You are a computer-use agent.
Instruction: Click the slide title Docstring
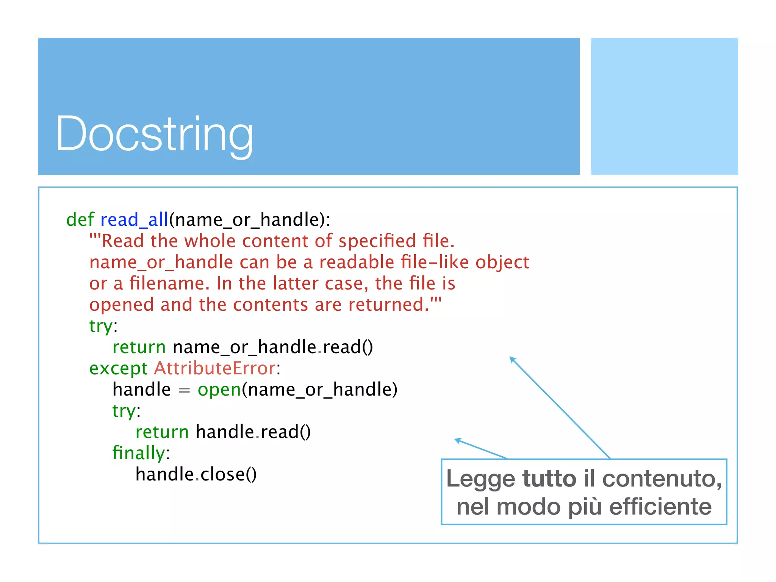pos(154,135)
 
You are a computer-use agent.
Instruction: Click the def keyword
pos(80,220)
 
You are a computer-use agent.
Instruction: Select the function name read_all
pos(134,220)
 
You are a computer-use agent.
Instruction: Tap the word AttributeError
pos(215,368)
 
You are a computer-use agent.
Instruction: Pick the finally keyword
pos(139,453)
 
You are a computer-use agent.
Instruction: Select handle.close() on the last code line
pos(196,474)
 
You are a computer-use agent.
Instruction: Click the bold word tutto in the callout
pos(549,479)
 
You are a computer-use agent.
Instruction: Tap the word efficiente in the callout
pos(660,507)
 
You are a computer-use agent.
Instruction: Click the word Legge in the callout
pos(480,479)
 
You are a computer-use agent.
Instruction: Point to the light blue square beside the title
pos(664,106)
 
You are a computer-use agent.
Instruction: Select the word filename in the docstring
pos(169,283)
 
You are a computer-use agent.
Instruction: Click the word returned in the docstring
pos(388,305)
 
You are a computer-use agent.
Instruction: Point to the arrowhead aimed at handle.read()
pos(457,440)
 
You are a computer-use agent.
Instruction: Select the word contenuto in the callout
pos(662,479)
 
